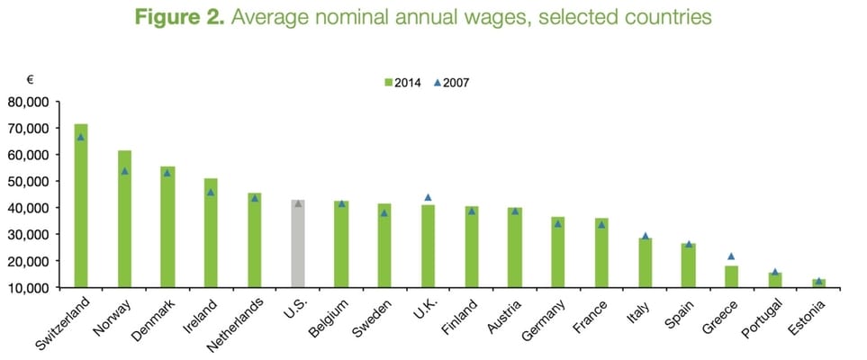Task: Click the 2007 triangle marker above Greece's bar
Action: [732, 256]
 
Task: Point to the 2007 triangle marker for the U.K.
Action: [428, 197]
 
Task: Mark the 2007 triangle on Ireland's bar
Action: [211, 193]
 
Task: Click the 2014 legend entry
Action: [402, 82]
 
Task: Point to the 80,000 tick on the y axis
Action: [32, 102]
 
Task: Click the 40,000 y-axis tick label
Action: [32, 208]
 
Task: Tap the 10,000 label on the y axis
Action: [32, 288]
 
